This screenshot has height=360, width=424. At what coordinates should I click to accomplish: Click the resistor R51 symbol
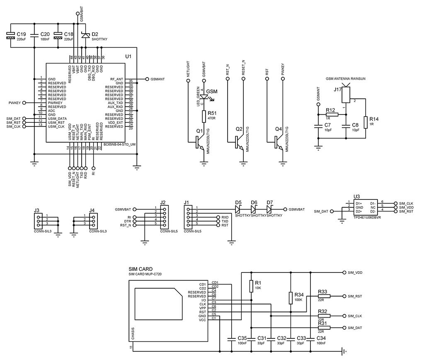click(x=204, y=117)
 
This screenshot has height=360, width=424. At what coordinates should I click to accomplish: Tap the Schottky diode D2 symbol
click(x=85, y=36)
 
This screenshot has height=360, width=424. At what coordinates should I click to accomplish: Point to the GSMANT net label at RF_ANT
click(x=159, y=79)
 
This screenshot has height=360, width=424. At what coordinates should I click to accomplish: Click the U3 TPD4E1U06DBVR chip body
click(x=365, y=207)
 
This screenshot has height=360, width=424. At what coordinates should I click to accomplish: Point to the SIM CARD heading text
click(x=141, y=270)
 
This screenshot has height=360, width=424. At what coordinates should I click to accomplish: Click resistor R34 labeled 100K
click(x=291, y=297)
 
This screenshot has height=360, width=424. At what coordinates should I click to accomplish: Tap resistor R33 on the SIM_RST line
click(x=324, y=296)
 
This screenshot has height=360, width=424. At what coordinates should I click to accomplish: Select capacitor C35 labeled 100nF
click(x=231, y=339)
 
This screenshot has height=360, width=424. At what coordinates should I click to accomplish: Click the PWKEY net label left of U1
click(x=15, y=102)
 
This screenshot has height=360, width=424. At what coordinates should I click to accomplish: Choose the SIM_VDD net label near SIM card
click(x=355, y=272)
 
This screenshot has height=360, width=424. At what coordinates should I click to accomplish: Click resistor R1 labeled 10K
click(x=251, y=286)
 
